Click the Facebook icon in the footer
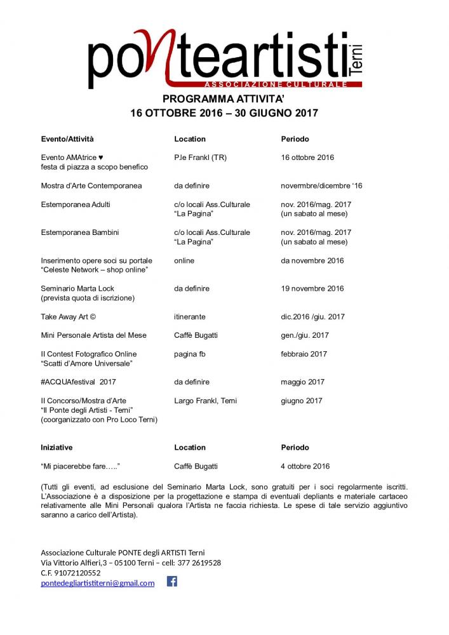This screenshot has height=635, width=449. point(171,581)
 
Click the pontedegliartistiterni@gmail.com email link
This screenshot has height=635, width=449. point(98,583)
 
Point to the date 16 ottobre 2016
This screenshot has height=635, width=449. point(307,157)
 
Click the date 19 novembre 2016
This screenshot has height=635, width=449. point(312,288)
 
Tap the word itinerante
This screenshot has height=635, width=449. point(190,316)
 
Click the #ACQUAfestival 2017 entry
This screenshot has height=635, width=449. point(79,382)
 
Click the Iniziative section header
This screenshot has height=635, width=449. point(57,448)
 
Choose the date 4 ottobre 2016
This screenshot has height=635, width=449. point(305,466)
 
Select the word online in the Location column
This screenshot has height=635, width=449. point(184,260)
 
